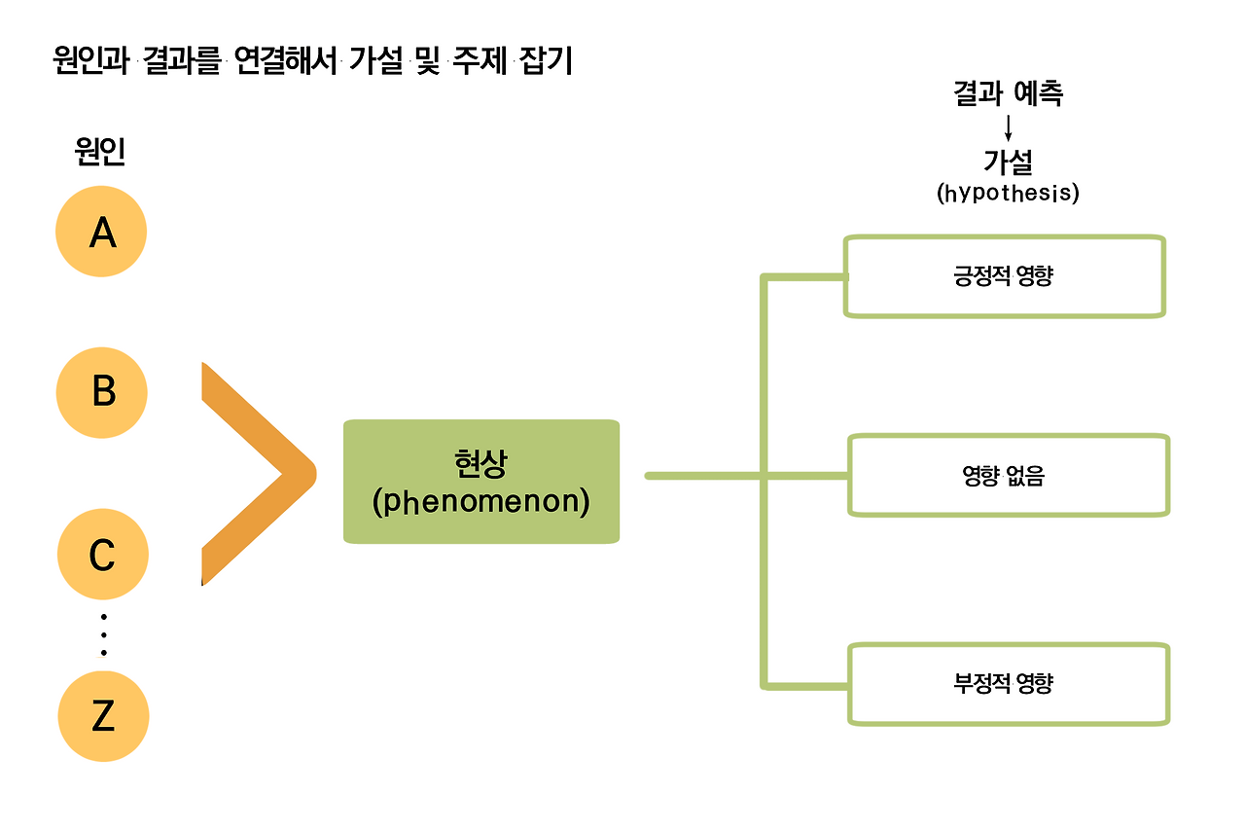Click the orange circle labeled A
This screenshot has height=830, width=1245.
[x=102, y=233]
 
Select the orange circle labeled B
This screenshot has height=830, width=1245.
[x=102, y=393]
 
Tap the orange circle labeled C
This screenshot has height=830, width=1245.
[x=102, y=556]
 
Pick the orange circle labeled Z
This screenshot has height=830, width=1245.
[x=103, y=716]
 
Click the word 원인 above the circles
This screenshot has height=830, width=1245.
[x=100, y=152]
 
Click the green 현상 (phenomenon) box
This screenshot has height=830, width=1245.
[x=481, y=481]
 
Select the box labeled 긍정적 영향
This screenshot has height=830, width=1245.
[x=1004, y=276]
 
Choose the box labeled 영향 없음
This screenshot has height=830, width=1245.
[x=1009, y=476]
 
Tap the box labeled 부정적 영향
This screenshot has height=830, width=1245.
[x=1009, y=683]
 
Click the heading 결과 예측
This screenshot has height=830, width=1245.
[x=1008, y=93]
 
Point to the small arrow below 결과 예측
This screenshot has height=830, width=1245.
[x=1009, y=126]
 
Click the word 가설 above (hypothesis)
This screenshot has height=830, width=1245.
[x=1008, y=162]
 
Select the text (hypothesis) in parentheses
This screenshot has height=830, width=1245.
[x=1008, y=193]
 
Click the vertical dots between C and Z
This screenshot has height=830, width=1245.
[x=103, y=634]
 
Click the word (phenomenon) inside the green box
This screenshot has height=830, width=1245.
[x=481, y=503]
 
